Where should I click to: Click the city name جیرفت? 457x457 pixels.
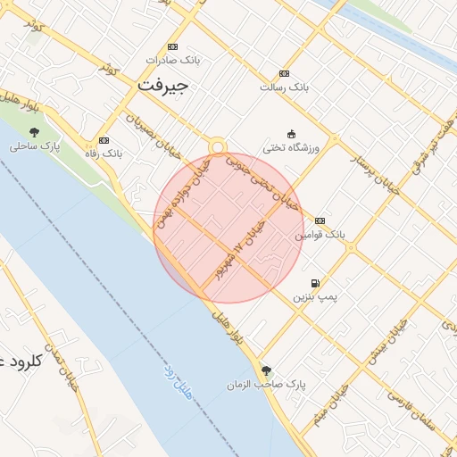(163, 85)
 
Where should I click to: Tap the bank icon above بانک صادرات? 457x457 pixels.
(172, 47)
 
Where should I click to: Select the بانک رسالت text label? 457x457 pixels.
(284, 87)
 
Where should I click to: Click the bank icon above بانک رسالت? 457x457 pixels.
(284, 73)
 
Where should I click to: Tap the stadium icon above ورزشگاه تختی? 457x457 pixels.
(291, 134)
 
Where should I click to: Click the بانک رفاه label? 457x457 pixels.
(104, 154)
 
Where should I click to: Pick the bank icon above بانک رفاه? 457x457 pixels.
(104, 140)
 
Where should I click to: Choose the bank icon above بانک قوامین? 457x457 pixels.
(320, 220)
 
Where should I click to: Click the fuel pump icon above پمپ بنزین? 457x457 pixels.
(314, 283)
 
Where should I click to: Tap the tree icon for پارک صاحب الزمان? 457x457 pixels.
(266, 370)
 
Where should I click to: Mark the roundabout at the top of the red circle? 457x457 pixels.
(217, 147)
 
